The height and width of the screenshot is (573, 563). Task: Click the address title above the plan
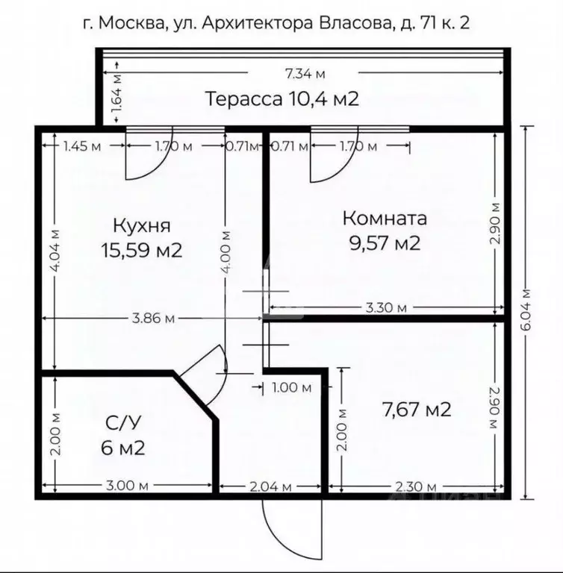(x=276, y=23)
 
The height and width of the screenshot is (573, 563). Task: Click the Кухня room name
(x=142, y=225)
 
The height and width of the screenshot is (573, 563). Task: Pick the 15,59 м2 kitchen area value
(x=142, y=249)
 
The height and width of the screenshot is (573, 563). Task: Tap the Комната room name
(x=385, y=219)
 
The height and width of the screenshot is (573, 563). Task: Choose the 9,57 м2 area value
(x=385, y=242)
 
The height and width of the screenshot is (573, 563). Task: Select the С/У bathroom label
(x=122, y=425)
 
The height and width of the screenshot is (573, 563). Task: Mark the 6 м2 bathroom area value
(x=122, y=448)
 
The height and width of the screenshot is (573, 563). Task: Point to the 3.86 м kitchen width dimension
(x=152, y=319)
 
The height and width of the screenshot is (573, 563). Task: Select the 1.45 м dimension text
(x=82, y=146)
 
